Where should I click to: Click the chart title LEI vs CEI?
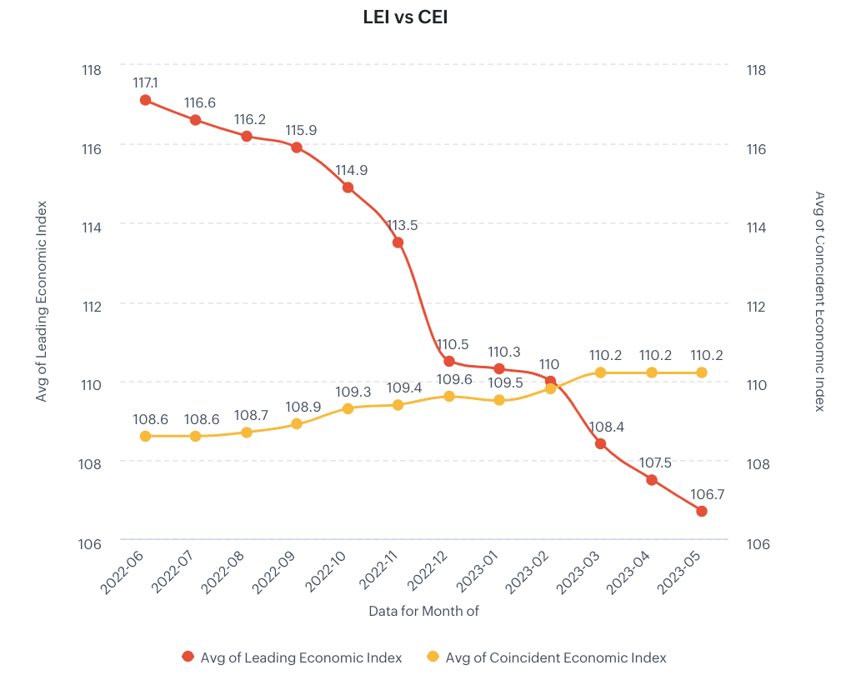(406, 17)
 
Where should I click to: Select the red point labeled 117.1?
(145, 100)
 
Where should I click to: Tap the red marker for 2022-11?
(398, 242)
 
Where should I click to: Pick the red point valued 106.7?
(702, 511)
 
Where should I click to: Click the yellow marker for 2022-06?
(145, 436)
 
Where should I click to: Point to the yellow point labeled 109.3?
(348, 408)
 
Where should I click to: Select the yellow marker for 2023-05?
(702, 372)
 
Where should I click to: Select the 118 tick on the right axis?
(758, 70)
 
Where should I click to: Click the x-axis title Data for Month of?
(423, 611)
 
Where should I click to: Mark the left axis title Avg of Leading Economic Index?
(42, 302)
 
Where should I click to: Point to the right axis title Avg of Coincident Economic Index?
(819, 302)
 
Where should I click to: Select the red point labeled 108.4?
(600, 443)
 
